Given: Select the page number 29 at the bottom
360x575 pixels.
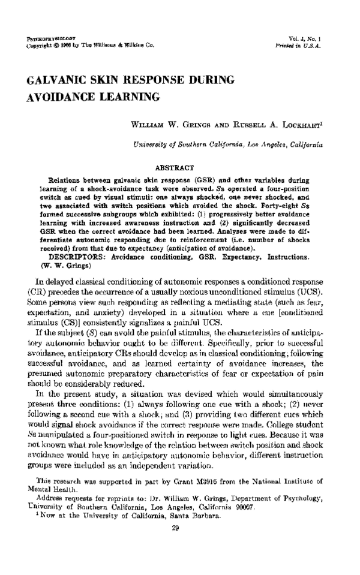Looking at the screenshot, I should click(x=176, y=544).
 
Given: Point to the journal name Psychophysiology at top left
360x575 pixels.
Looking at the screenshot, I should click(x=47, y=38).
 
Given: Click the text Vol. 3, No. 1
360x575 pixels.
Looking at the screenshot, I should click(x=307, y=38).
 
